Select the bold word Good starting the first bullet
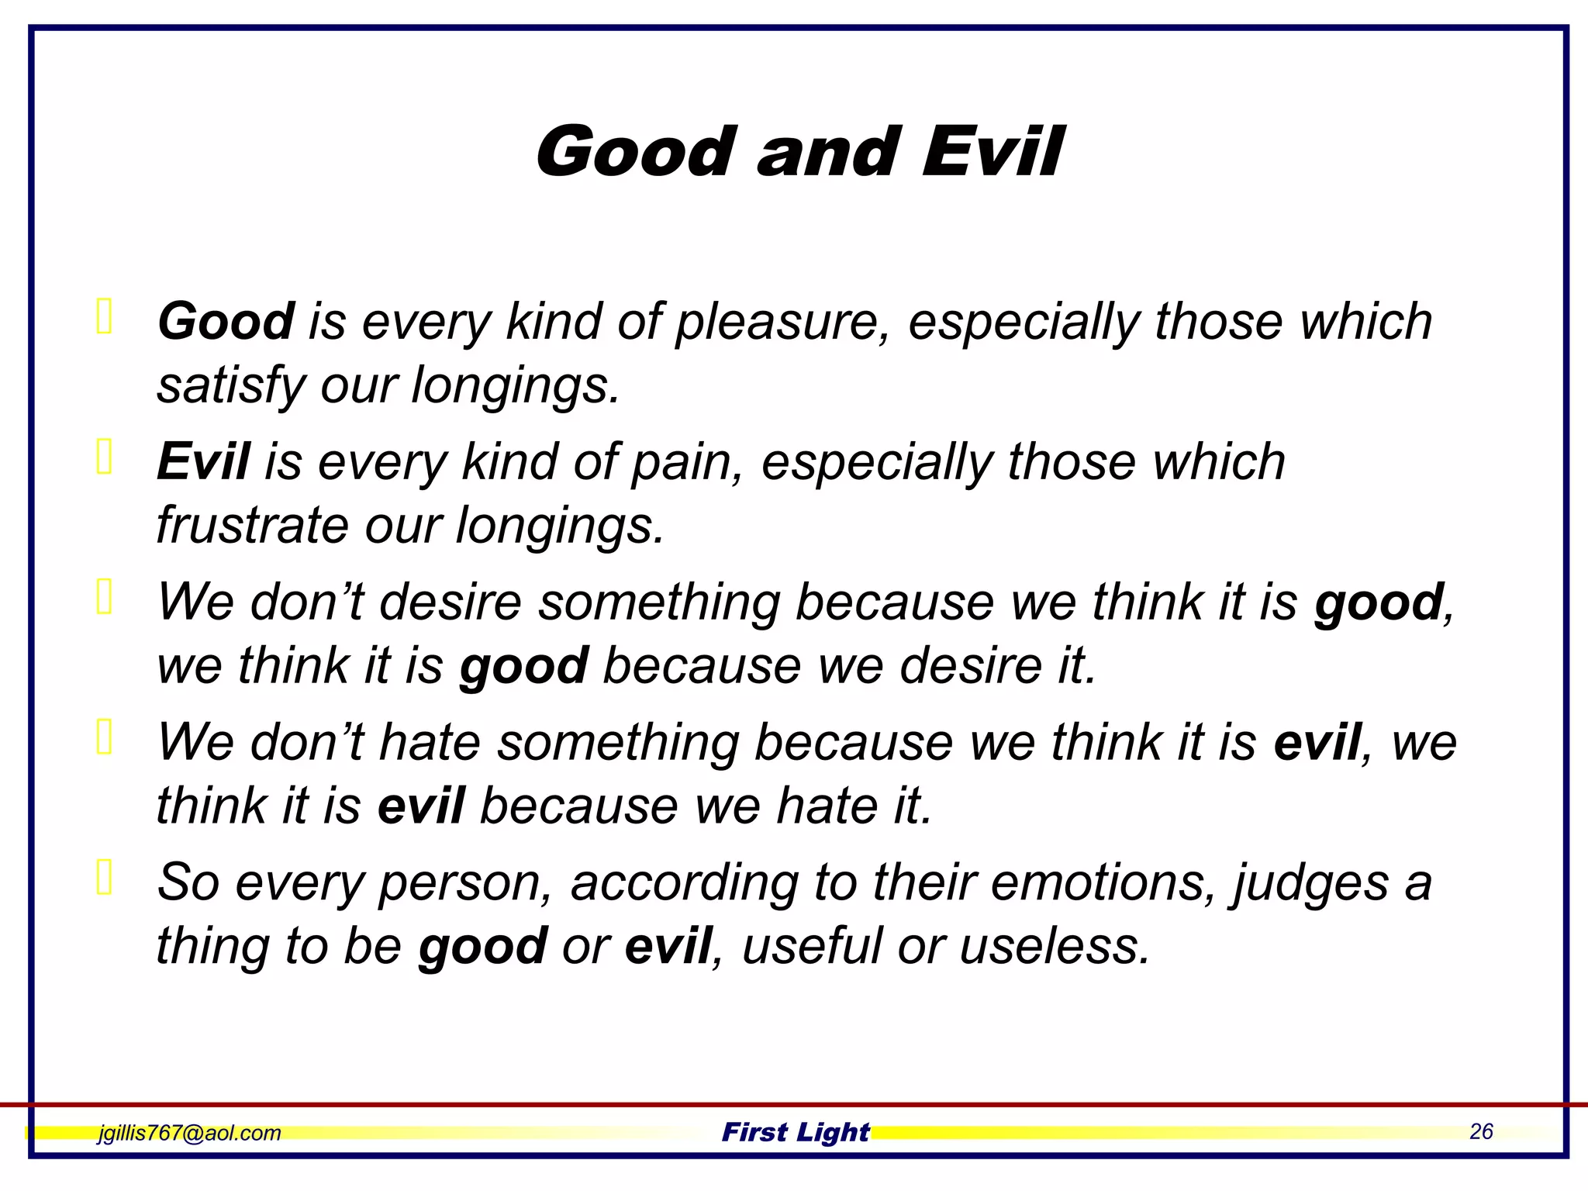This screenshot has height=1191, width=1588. point(226,321)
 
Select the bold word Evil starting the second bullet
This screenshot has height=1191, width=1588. point(203,461)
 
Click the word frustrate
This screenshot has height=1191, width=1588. point(253,526)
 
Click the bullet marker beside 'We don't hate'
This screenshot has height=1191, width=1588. point(104,736)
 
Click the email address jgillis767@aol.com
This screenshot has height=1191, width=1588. point(189,1133)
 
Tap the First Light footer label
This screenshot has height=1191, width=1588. point(796,1132)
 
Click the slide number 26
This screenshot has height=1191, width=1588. point(1480,1131)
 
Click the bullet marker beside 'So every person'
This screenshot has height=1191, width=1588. point(104,876)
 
